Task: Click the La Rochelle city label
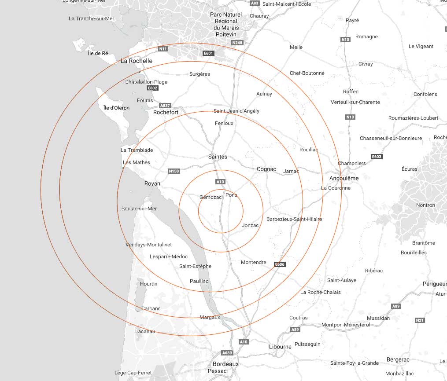pyautogui.click(x=137, y=61)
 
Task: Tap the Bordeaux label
pyautogui.click(x=225, y=364)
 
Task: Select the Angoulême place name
pyautogui.click(x=344, y=178)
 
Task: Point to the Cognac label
pyautogui.click(x=266, y=169)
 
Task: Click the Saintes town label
pyautogui.click(x=218, y=157)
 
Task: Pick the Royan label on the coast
pyautogui.click(x=152, y=183)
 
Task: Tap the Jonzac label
pyautogui.click(x=250, y=225)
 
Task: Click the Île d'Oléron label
pyautogui.click(x=116, y=108)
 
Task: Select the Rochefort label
pyautogui.click(x=166, y=112)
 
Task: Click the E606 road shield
pyautogui.click(x=280, y=264)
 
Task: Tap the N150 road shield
pyautogui.click(x=174, y=171)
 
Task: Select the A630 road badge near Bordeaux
pyautogui.click(x=227, y=353)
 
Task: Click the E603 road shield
pyautogui.click(x=377, y=157)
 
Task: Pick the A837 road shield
pyautogui.click(x=165, y=106)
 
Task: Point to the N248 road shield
pyautogui.click(x=237, y=43)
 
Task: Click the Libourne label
pyautogui.click(x=280, y=347)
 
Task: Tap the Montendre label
pyautogui.click(x=254, y=262)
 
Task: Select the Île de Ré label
pyautogui.click(x=98, y=53)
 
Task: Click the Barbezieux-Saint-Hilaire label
pyautogui.click(x=294, y=219)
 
